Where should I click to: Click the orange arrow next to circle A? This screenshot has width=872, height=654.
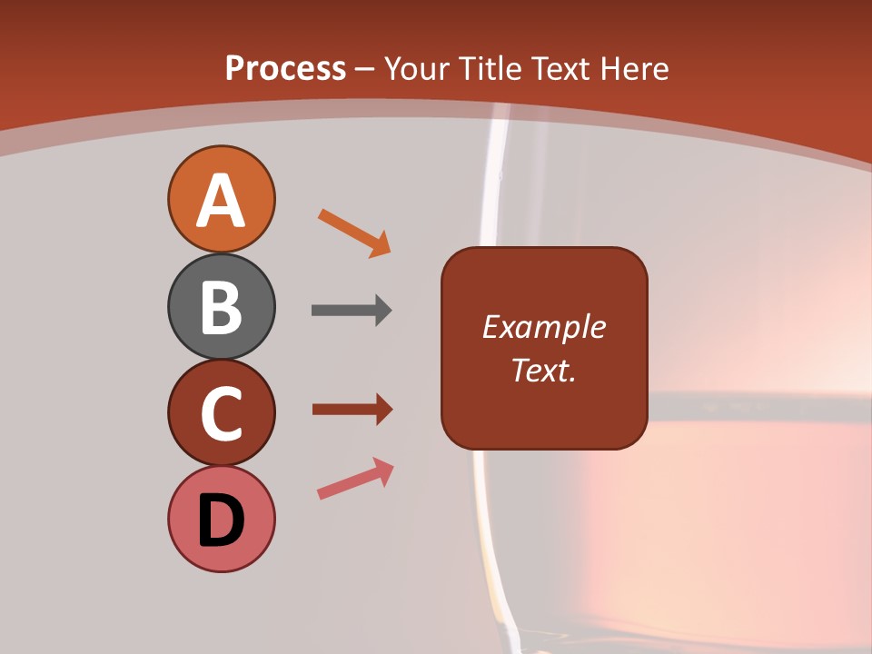tap(354, 233)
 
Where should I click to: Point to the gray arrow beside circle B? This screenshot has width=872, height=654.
tap(352, 311)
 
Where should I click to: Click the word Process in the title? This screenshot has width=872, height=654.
tap(285, 68)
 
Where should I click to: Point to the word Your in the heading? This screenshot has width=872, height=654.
tap(418, 68)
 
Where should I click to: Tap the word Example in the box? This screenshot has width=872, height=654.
tap(544, 327)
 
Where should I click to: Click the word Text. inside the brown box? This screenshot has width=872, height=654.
tap(544, 370)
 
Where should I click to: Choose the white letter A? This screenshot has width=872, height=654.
tap(221, 201)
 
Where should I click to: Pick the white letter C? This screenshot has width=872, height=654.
tap(221, 414)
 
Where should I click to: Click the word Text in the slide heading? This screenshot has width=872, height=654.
tap(560, 68)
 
